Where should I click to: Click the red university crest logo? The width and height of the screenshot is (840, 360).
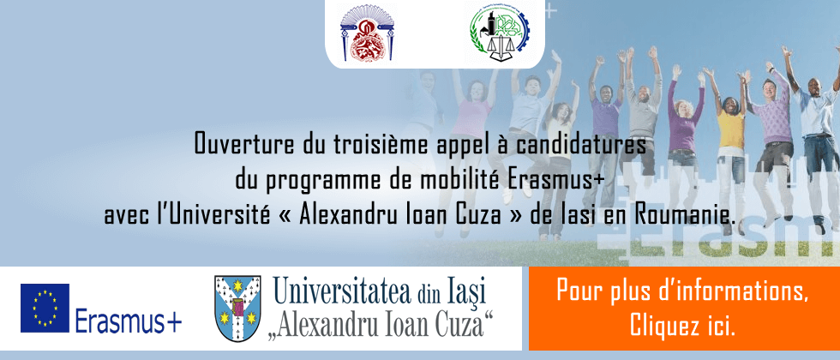pos(367,33)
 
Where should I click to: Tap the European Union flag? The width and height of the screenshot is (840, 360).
pos(45,308)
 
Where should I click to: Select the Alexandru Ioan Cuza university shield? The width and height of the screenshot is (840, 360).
pos(237,309)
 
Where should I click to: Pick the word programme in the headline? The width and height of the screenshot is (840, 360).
pos(317,182)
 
